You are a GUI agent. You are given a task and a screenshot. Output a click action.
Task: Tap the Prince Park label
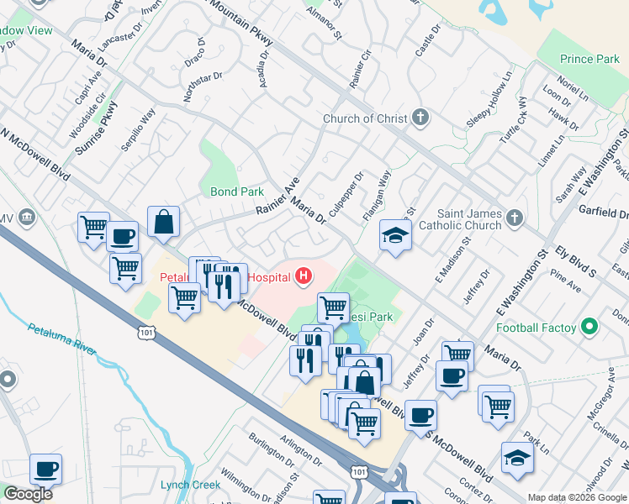coord(589,60)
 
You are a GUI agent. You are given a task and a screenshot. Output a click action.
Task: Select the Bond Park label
coord(237,192)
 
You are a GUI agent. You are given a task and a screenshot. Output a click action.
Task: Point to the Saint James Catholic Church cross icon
coord(515,218)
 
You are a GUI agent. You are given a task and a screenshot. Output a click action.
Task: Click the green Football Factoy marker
coord(590,327)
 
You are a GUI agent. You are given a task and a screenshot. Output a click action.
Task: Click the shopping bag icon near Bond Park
coord(163,223)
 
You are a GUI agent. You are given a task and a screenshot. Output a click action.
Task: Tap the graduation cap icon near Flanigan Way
coord(394,235)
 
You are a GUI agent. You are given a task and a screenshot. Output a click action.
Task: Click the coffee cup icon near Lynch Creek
coord(46,469)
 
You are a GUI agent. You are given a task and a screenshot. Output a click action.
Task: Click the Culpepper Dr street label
coord(345,194)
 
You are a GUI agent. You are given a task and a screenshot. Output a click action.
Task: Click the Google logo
coord(27,493)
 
